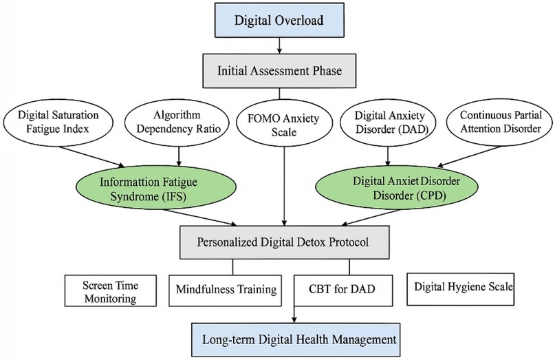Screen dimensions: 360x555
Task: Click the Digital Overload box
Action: pyautogui.click(x=279, y=21)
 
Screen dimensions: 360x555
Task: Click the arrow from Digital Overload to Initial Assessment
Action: pyautogui.click(x=279, y=45)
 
